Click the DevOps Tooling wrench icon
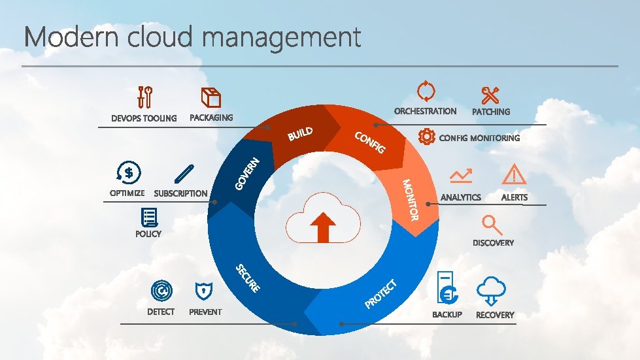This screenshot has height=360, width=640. click(144, 97)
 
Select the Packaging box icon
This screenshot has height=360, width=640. click(211, 97)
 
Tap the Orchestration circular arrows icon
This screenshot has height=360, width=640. click(426, 91)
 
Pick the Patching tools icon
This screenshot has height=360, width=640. click(490, 95)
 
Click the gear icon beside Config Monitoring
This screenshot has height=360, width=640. click(426, 137)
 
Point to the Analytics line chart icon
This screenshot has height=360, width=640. click(461, 176)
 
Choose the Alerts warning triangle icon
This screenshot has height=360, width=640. click(514, 174)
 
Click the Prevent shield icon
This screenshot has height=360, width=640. click(204, 291)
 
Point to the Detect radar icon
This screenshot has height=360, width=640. click(161, 291)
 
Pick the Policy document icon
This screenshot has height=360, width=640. click(149, 217)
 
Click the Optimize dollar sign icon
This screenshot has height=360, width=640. click(127, 172)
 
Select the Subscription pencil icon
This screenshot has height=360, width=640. click(184, 173)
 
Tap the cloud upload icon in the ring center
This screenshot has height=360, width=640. click(322, 218)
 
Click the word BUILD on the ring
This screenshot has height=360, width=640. click(300, 134)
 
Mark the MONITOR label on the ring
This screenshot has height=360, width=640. click(410, 199)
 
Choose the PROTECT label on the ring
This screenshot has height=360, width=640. click(381, 294)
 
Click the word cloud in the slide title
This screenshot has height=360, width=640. click(160, 37)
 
